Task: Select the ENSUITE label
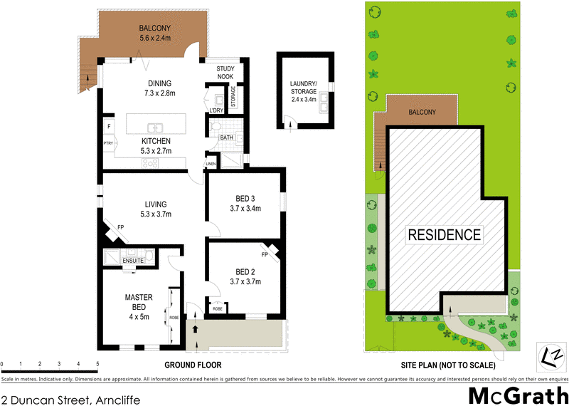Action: click(133, 261)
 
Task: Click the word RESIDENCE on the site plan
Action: click(443, 234)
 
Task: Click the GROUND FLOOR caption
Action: click(193, 365)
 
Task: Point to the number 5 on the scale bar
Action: click(97, 365)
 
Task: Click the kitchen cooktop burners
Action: click(151, 163)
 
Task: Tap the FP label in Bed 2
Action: click(264, 254)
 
